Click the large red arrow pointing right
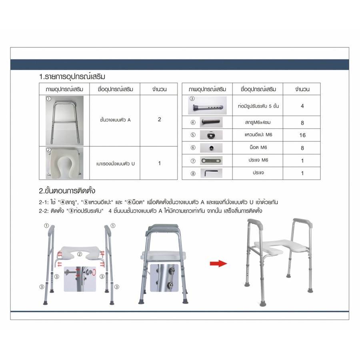(218, 263)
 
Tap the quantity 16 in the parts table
(302, 135)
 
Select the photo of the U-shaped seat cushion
(64, 163)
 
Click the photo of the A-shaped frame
(64, 120)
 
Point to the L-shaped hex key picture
(211, 173)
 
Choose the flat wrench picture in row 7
(211, 160)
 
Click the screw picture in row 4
(211, 122)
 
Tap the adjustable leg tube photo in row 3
(207, 105)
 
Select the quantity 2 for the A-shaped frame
(159, 119)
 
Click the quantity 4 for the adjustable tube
(302, 106)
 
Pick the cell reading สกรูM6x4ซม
(258, 122)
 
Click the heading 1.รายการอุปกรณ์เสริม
(72, 76)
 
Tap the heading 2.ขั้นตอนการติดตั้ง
(67, 191)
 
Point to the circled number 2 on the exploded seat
(80, 254)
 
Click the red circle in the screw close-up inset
(94, 272)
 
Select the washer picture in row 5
(211, 135)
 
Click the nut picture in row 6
(211, 148)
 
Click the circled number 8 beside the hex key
(193, 174)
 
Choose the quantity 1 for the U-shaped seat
(159, 163)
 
